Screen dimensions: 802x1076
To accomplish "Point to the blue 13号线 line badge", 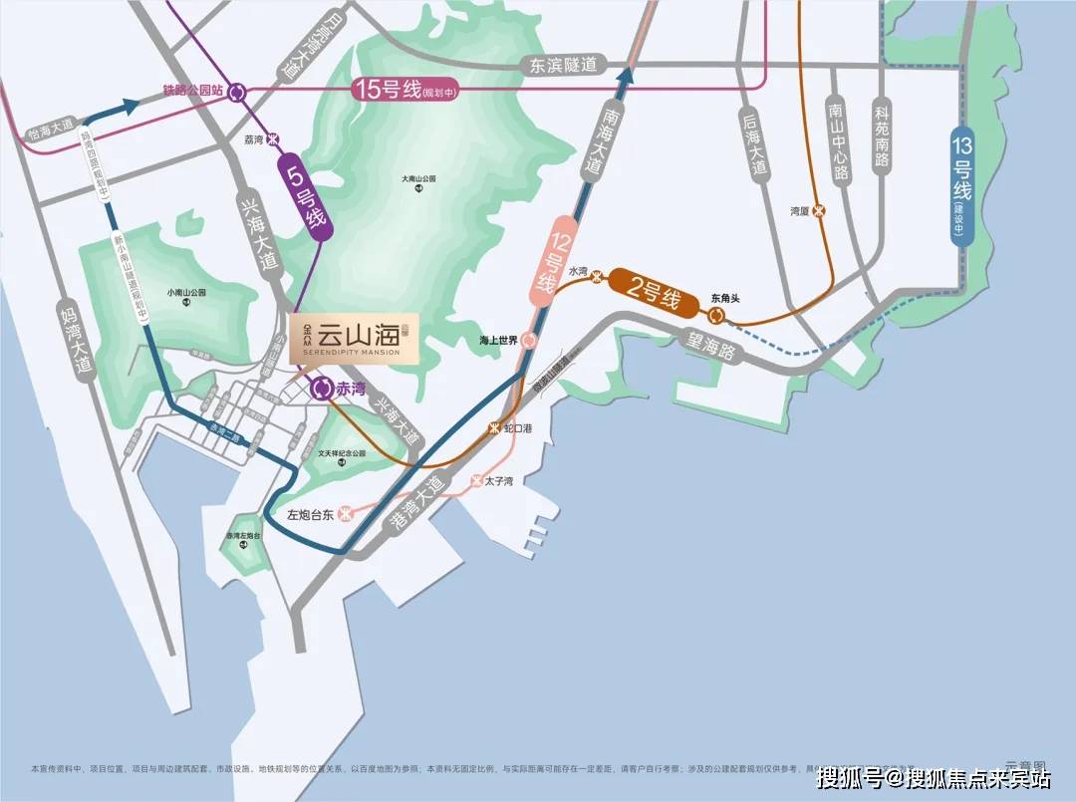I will coord(962,184).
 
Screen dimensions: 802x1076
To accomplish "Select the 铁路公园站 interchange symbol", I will coord(237,93).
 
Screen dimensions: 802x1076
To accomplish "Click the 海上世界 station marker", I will coord(530,340).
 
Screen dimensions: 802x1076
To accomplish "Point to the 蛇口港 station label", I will coord(518,427).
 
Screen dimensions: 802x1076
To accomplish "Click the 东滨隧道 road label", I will coord(564,65).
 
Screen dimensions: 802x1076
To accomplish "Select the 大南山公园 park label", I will coord(419,180).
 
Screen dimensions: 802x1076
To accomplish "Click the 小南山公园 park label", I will coord(185,294).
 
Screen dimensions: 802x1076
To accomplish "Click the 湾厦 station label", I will coord(797,211).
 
